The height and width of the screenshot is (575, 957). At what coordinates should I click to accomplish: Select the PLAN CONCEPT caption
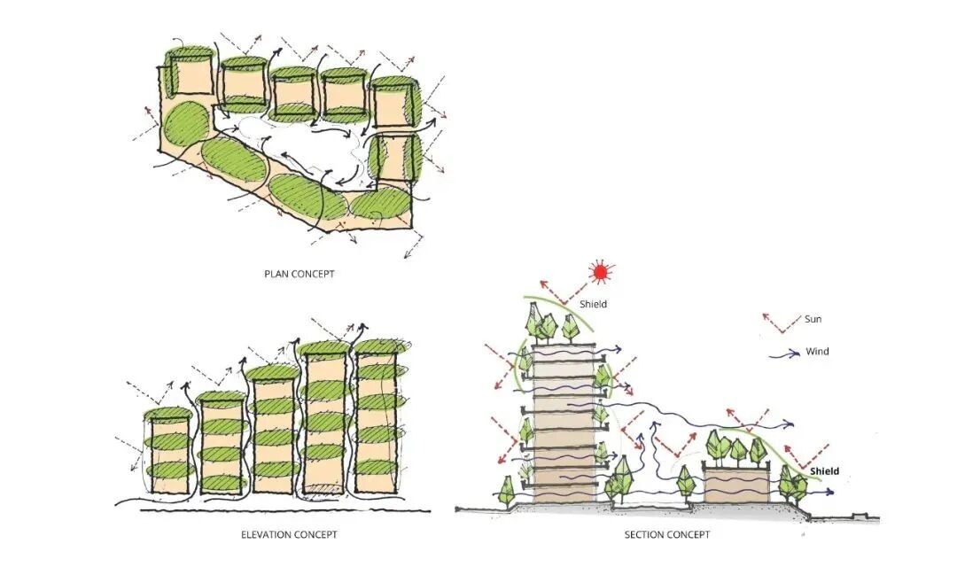coord(300,274)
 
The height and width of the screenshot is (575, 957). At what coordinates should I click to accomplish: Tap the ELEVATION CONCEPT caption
coord(289,535)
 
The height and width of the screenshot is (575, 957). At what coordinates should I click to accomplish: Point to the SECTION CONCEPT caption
coord(667,535)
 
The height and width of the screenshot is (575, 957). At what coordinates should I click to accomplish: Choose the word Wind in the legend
coord(817,352)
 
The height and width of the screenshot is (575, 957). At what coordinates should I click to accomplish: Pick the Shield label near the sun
coord(594,305)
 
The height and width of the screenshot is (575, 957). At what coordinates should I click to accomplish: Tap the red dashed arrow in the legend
coord(777,320)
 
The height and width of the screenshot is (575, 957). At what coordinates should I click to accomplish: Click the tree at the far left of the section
coord(507,488)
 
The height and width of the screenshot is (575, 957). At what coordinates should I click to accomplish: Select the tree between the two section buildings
coord(685,482)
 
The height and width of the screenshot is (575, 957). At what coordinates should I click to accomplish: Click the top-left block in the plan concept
coord(189,73)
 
